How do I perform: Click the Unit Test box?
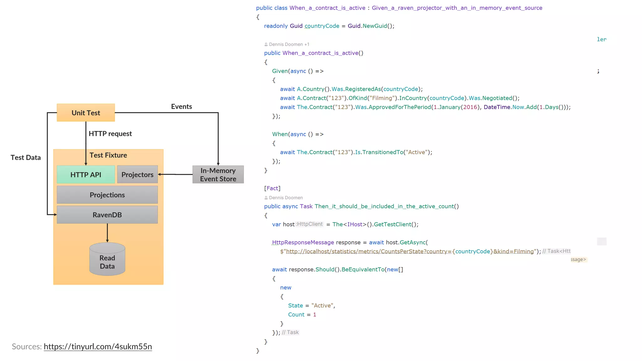point(86,113)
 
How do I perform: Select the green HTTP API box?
point(86,175)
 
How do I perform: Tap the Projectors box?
point(137,175)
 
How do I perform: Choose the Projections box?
point(107,195)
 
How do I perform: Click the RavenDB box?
point(107,215)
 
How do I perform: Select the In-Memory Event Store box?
point(218,175)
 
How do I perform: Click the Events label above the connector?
point(182,107)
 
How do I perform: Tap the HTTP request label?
point(110,134)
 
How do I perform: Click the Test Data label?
point(26,158)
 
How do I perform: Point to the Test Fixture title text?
point(108,155)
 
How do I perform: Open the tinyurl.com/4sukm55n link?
point(98,347)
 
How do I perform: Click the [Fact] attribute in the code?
point(272,188)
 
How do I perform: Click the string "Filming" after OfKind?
point(382,98)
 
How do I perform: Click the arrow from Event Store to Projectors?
point(176,174)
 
